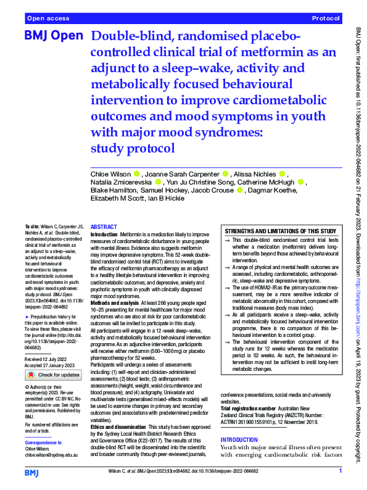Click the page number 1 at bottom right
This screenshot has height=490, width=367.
pos(340,471)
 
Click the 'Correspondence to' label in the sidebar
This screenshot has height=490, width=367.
pos(44,443)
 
